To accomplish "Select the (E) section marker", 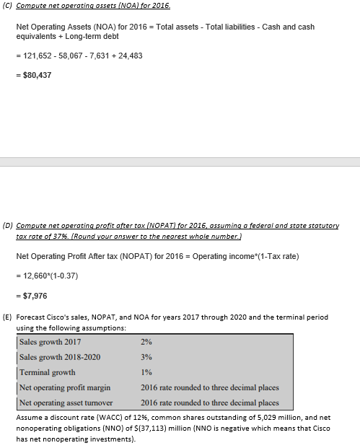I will [x=8, y=317].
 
